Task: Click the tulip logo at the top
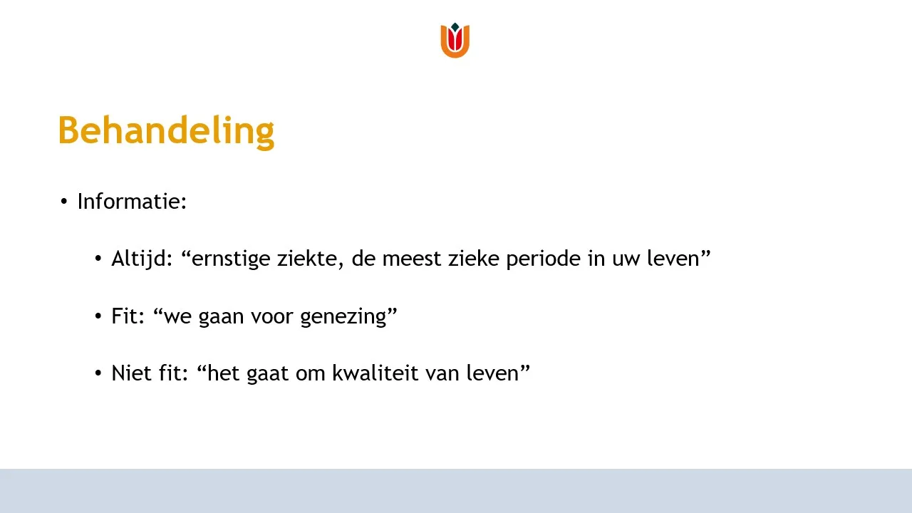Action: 455,40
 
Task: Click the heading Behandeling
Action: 166,131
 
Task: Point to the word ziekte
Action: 308,259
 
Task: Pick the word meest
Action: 412,259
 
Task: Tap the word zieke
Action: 474,259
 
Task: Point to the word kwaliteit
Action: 375,373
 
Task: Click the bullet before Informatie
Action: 63,202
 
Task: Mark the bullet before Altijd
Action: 98,259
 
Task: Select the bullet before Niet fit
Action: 98,373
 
